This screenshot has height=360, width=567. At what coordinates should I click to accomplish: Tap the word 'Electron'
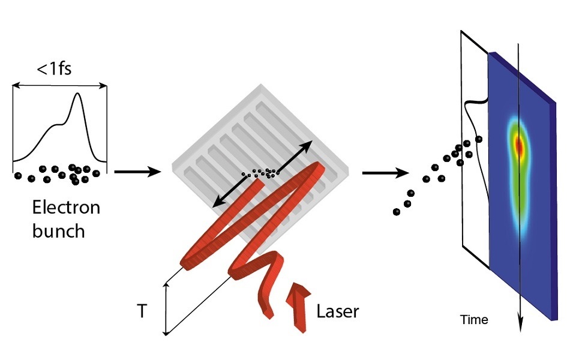[66, 209]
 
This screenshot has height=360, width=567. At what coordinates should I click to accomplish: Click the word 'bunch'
[59, 230]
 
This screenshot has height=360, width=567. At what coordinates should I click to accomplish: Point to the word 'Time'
[474, 320]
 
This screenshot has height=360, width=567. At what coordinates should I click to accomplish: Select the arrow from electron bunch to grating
[138, 172]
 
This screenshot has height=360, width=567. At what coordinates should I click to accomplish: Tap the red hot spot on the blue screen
[519, 145]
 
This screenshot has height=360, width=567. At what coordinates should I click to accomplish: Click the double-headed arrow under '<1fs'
[59, 86]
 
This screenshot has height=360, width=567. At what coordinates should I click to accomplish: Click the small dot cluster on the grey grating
[262, 173]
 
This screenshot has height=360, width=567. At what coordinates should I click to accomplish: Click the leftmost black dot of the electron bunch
[18, 176]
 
